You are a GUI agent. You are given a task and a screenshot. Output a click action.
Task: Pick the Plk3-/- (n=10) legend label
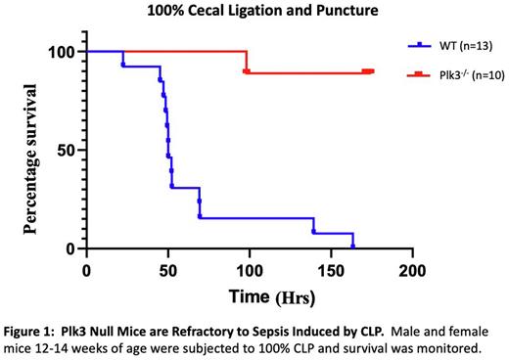point(465,74)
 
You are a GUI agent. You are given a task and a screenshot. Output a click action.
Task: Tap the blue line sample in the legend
point(420,45)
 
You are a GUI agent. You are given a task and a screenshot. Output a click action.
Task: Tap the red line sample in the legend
point(420,74)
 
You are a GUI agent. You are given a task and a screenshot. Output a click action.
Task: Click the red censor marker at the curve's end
point(367,71)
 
